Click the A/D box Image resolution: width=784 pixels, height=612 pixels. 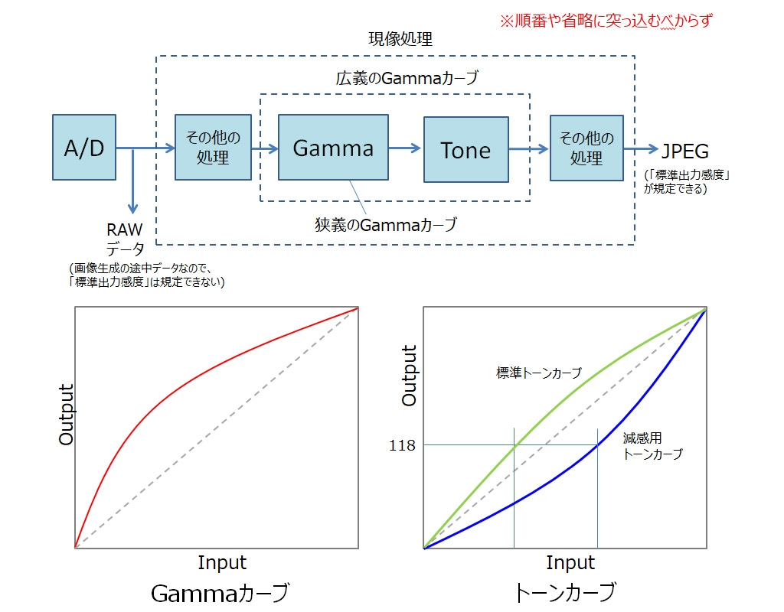point(84,148)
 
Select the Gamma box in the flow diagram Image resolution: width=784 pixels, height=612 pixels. point(333,148)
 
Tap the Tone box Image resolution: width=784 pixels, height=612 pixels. point(465,149)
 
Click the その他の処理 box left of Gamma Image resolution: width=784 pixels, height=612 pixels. point(213,148)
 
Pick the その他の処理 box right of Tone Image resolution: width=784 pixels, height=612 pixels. point(586,148)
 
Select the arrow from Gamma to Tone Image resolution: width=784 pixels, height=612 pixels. point(405,148)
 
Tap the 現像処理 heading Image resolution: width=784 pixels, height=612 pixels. point(400,39)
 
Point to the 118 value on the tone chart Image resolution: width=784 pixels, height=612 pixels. point(401,444)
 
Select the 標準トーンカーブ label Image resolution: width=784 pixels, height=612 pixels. point(539,373)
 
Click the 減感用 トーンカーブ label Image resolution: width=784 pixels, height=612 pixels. point(652,446)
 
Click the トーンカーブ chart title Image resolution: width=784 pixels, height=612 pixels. point(565,592)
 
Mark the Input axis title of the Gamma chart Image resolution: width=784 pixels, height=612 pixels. point(222,563)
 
